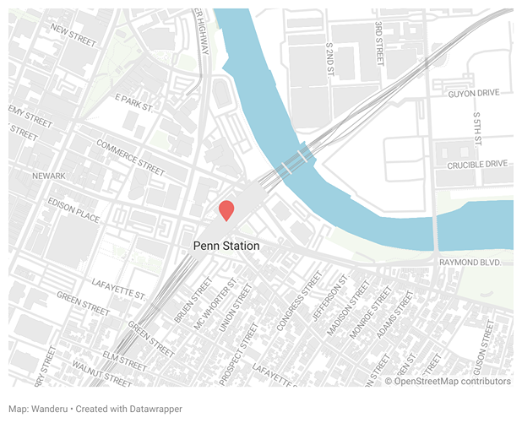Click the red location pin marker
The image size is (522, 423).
pos(226,211)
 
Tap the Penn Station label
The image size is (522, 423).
pos(226,246)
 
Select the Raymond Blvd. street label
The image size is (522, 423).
pos(470,263)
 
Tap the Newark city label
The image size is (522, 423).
pos(48,176)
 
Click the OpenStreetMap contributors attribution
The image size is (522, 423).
pos(448,382)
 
